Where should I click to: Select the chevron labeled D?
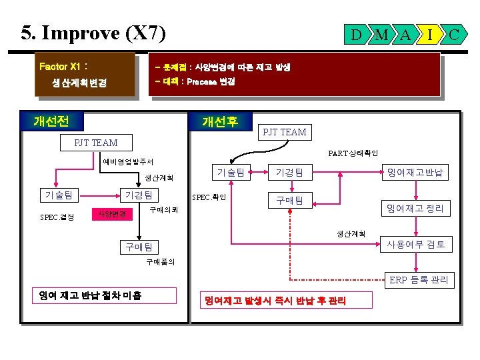357,33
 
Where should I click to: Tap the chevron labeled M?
381,33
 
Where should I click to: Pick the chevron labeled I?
430,33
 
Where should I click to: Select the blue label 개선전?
55,121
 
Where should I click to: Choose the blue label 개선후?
220,121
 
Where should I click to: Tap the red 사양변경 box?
112,214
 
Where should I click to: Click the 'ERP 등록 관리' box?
419,280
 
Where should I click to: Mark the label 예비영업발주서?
128,161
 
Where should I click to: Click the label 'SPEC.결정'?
57,217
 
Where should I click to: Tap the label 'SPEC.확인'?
209,197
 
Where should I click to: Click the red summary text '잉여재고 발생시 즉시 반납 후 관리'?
275,301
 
